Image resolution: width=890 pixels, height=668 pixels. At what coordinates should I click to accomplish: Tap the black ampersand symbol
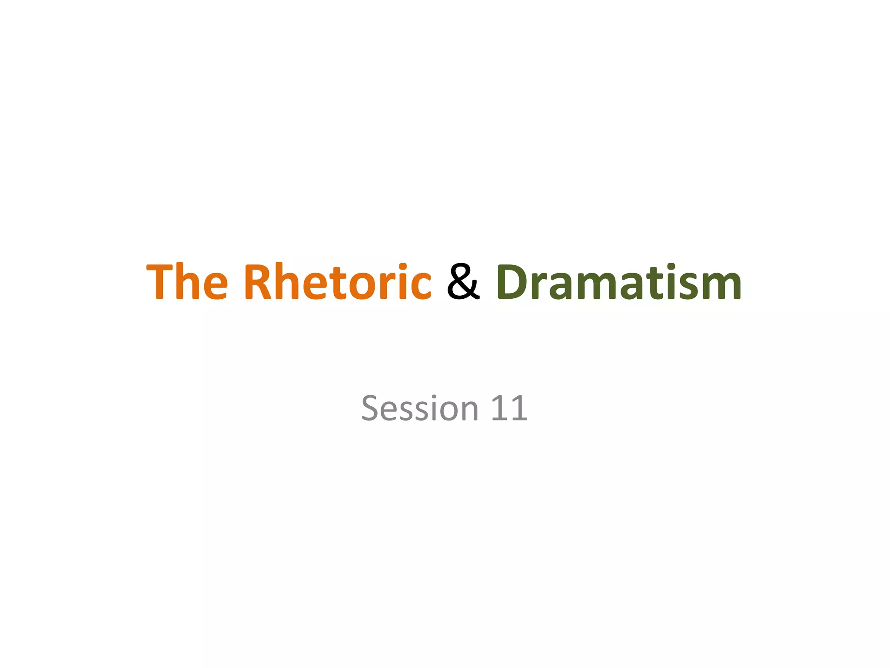pyautogui.click(x=463, y=282)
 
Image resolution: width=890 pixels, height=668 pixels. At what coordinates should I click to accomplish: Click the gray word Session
pyautogui.click(x=420, y=409)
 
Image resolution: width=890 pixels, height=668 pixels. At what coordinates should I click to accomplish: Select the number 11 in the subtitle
pyautogui.click(x=509, y=409)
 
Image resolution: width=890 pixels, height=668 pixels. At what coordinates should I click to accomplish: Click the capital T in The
pyautogui.click(x=159, y=282)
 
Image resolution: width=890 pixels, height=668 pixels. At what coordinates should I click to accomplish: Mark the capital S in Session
pyautogui.click(x=372, y=409)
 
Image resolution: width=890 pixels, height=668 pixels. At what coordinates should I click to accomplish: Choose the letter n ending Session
pyautogui.click(x=468, y=412)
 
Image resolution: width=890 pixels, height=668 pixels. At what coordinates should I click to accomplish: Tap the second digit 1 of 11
pyautogui.click(x=519, y=409)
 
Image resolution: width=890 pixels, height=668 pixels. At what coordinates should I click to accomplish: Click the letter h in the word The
pyautogui.click(x=187, y=282)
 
